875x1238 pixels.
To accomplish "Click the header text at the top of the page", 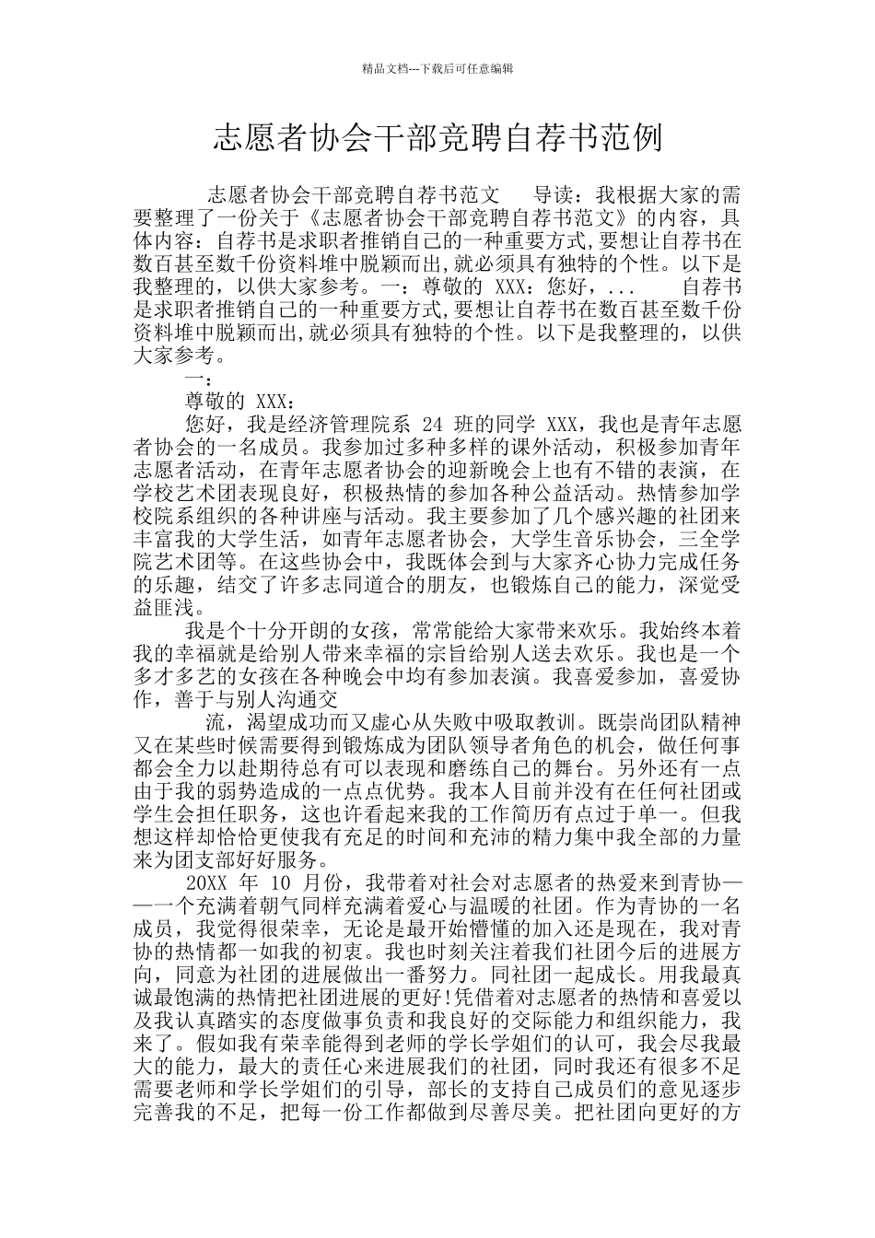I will (437, 68).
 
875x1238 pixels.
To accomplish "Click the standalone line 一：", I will (200, 379).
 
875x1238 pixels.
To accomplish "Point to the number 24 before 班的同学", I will (432, 425).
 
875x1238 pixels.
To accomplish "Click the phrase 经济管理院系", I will (338, 425).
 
